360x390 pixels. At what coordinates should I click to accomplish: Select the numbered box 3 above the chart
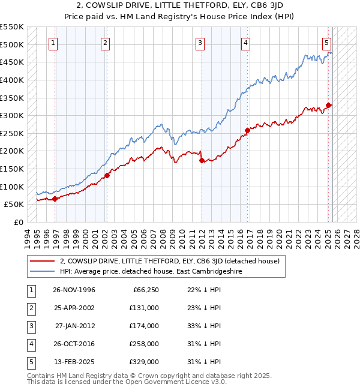(x=200, y=43)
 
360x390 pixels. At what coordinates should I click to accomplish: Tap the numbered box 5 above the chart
(x=327, y=43)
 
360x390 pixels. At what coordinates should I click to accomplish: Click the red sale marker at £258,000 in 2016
(x=247, y=130)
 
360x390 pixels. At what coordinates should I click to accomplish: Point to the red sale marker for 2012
(x=202, y=160)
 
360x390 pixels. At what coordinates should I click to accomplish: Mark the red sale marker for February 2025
(x=329, y=105)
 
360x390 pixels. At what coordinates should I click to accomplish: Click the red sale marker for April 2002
(x=107, y=175)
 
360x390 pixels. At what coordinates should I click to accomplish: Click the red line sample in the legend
(x=42, y=261)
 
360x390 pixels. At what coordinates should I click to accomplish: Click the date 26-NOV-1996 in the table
(x=74, y=290)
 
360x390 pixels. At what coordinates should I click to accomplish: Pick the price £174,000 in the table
(x=144, y=326)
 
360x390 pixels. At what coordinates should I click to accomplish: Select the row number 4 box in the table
(x=31, y=344)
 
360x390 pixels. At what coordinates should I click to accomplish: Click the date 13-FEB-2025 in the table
(x=74, y=362)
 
